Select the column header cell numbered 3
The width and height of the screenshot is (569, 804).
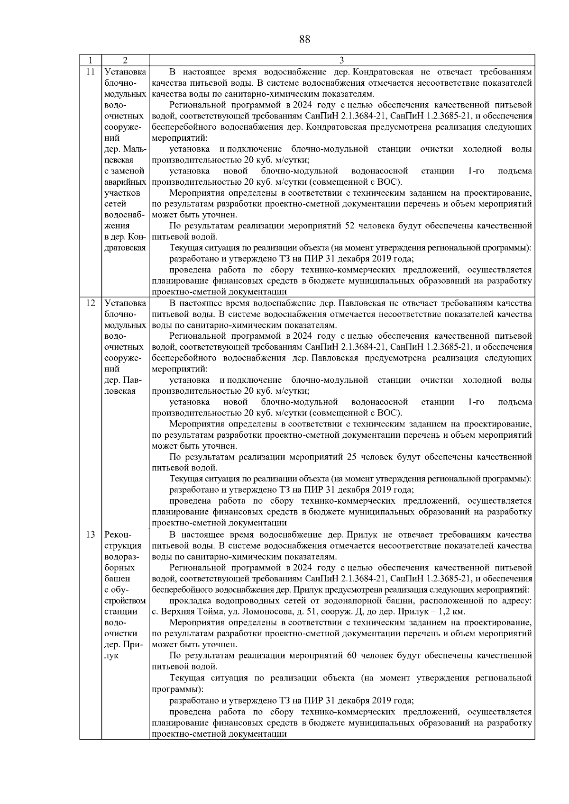342,60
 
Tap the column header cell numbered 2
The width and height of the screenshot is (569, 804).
125,60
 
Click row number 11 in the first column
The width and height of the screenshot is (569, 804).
90,72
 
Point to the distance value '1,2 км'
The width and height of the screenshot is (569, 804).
452,612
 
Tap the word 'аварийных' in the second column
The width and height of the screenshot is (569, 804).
125,182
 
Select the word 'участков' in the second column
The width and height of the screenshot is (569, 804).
122,193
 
